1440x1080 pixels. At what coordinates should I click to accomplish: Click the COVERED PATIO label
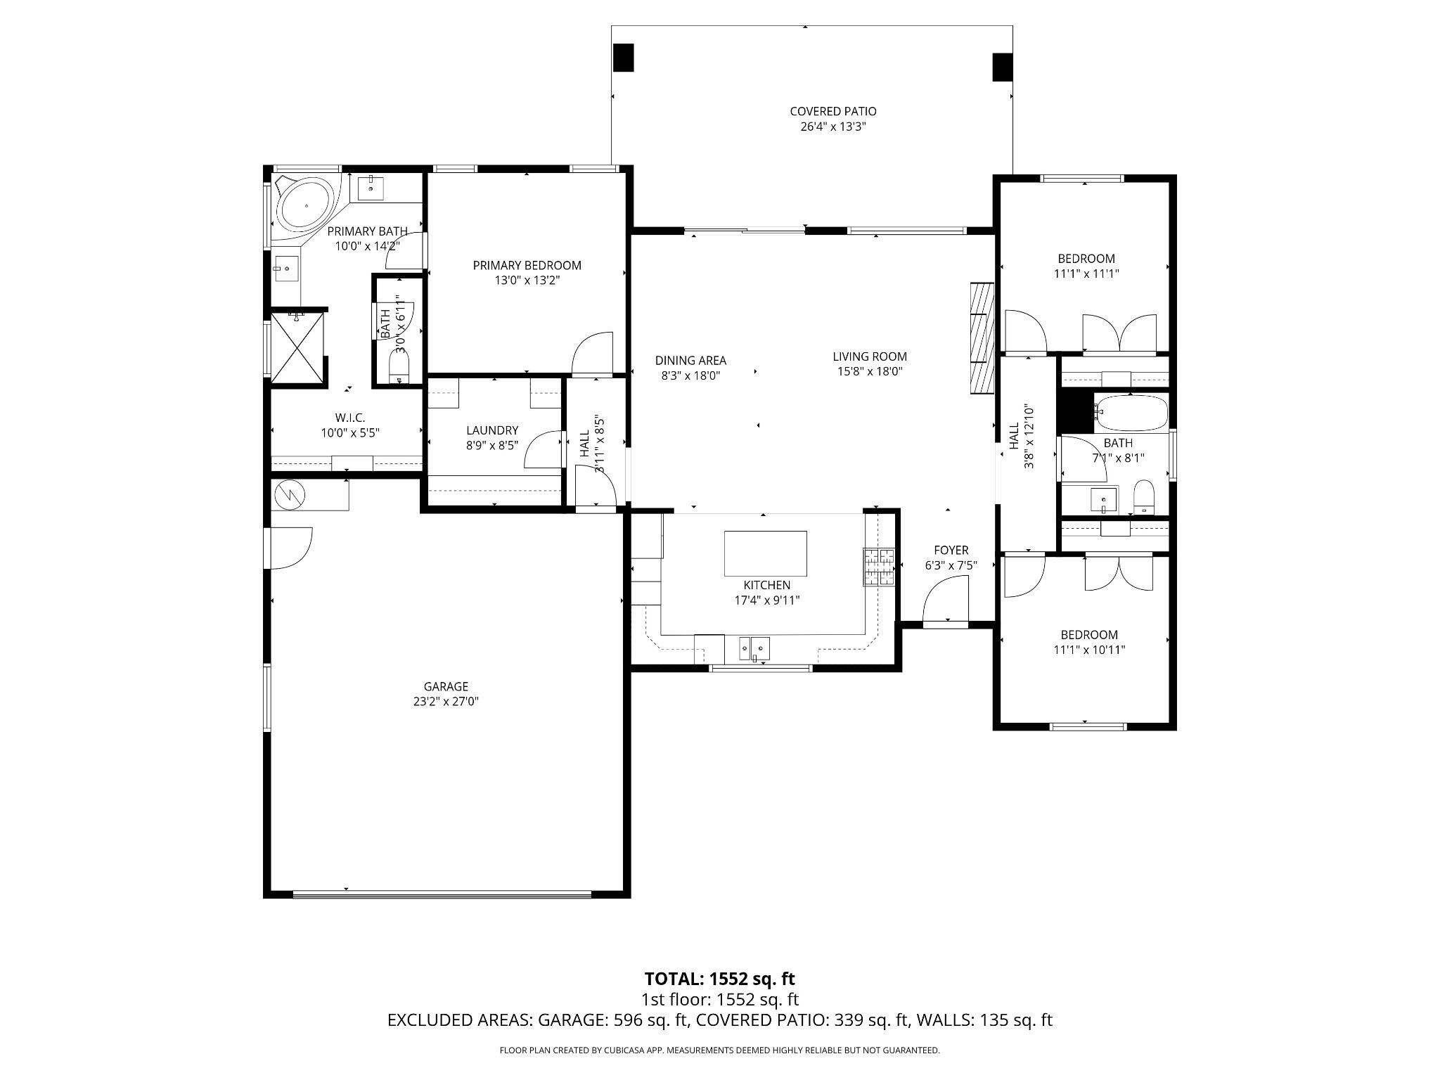pyautogui.click(x=833, y=111)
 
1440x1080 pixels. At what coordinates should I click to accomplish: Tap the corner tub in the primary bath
pyautogui.click(x=304, y=204)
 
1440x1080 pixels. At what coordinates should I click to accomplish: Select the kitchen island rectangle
pyautogui.click(x=765, y=553)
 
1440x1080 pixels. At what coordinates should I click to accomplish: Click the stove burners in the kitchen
pyautogui.click(x=879, y=567)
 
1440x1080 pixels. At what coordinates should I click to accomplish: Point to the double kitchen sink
pyautogui.click(x=754, y=647)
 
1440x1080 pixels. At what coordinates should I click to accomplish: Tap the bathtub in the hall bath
pyautogui.click(x=1132, y=413)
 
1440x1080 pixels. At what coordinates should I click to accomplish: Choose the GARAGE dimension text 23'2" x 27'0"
pyautogui.click(x=446, y=701)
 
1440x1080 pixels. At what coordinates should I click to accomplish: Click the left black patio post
pyautogui.click(x=624, y=58)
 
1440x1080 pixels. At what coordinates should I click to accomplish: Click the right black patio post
pyautogui.click(x=1002, y=67)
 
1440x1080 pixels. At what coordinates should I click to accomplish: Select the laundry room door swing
pyautogui.click(x=543, y=451)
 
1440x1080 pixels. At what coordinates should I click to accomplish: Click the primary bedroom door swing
pyautogui.click(x=592, y=354)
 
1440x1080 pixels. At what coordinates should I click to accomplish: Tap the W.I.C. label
pyautogui.click(x=350, y=418)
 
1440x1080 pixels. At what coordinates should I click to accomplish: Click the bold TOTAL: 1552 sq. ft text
pyautogui.click(x=719, y=979)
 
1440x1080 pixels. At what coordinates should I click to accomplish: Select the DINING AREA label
pyautogui.click(x=690, y=361)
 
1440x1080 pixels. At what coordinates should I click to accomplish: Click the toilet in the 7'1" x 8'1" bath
pyautogui.click(x=1145, y=496)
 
